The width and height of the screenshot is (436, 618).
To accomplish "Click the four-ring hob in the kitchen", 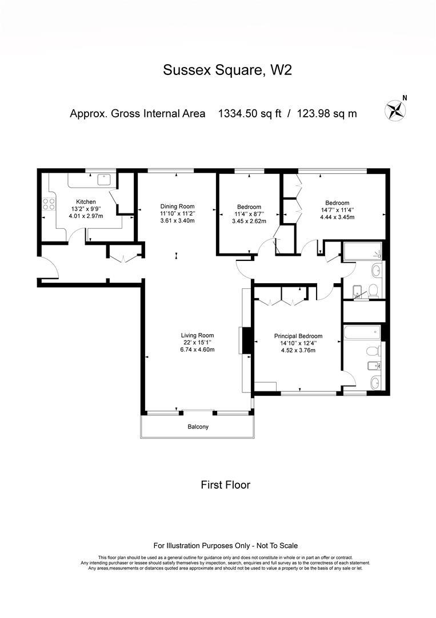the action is (x=49, y=204).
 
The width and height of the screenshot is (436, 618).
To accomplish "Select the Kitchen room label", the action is (x=86, y=202).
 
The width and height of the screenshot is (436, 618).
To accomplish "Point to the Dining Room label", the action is (x=178, y=206).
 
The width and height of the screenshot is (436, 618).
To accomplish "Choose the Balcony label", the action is (x=198, y=426).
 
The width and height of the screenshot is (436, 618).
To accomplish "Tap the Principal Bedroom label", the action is (x=298, y=336).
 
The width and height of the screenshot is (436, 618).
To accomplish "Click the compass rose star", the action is (x=395, y=110).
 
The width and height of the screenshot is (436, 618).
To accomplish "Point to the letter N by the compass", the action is (x=405, y=98).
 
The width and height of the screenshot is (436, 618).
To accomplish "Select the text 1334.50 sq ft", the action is (x=250, y=113).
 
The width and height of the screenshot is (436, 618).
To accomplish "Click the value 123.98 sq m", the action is (x=327, y=113).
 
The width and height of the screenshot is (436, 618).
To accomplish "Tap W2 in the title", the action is (x=281, y=70).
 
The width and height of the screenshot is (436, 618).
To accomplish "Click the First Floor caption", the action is (x=226, y=485).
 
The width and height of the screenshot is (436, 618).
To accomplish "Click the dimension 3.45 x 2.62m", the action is (x=249, y=221).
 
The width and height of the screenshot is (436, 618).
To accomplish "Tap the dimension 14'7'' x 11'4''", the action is (x=337, y=210).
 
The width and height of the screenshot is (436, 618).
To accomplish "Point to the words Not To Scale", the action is (x=277, y=546).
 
